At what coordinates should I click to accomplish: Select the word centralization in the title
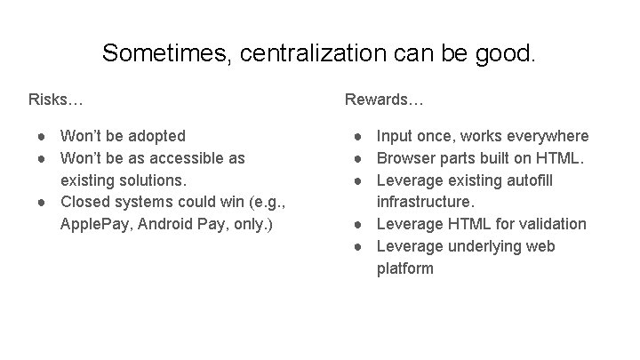(x=304, y=52)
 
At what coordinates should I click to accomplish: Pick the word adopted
(x=156, y=136)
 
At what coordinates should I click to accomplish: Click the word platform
(x=405, y=268)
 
